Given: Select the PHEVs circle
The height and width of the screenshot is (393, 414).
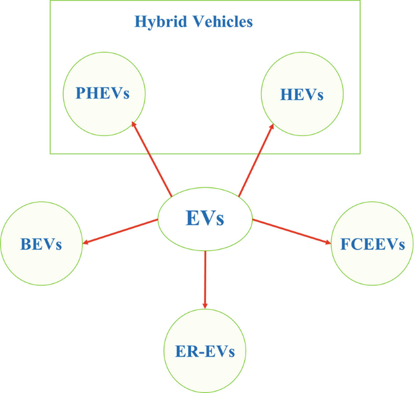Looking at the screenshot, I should (105, 93).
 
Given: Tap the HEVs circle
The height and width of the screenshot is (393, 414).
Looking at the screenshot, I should (302, 94).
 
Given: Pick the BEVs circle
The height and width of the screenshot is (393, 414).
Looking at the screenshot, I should (41, 244).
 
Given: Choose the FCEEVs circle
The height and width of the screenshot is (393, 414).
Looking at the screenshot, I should (372, 244).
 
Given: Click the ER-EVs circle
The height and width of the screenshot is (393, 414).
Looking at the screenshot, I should (205, 351).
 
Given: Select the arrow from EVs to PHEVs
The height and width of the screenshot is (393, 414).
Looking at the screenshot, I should (152, 159).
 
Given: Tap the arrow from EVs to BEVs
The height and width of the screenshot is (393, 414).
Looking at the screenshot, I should (120, 232).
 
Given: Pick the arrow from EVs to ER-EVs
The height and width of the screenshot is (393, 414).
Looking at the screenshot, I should (205, 278).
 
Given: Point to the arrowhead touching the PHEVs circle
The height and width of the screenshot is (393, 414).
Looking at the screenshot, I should (134, 125).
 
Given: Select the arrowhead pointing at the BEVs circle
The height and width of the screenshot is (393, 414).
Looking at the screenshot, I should (86, 242).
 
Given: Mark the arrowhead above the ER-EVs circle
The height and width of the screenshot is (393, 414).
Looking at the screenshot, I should (205, 304).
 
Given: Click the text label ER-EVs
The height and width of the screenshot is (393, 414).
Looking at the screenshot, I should (205, 351).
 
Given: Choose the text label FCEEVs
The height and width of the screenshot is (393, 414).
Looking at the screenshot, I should (372, 244).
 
